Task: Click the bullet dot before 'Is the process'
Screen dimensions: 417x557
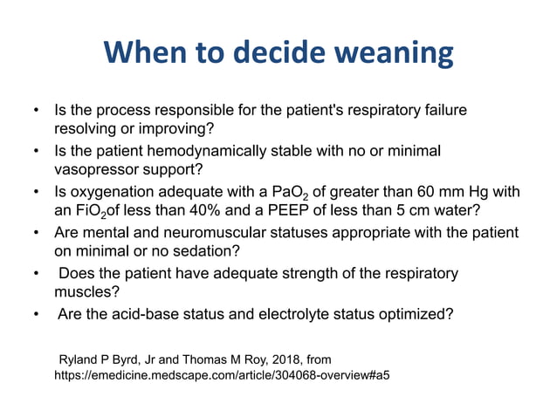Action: [35, 113]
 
